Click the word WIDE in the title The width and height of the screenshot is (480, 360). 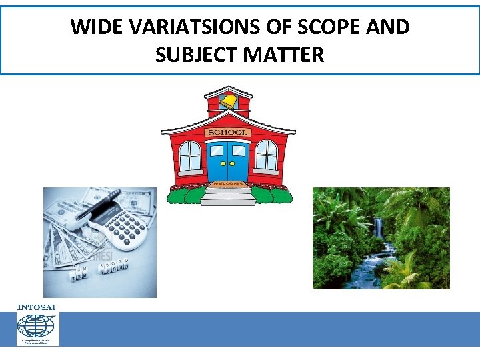pyautogui.click(x=96, y=27)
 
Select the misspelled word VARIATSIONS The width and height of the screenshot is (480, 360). pyautogui.click(x=193, y=27)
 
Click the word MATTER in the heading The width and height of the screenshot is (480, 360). pyautogui.click(x=286, y=54)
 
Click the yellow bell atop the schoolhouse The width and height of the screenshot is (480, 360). pyautogui.click(x=229, y=101)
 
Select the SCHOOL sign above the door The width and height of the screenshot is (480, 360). pyautogui.click(x=228, y=132)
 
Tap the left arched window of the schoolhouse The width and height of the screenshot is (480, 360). pyautogui.click(x=190, y=155)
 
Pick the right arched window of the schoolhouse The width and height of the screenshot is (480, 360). pyautogui.click(x=267, y=155)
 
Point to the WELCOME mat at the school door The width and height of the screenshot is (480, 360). pyautogui.click(x=228, y=184)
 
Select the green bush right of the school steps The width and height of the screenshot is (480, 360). pyautogui.click(x=272, y=195)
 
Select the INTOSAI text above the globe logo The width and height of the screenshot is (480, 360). pyautogui.click(x=37, y=307)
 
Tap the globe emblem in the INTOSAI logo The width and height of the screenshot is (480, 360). pyautogui.click(x=37, y=326)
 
